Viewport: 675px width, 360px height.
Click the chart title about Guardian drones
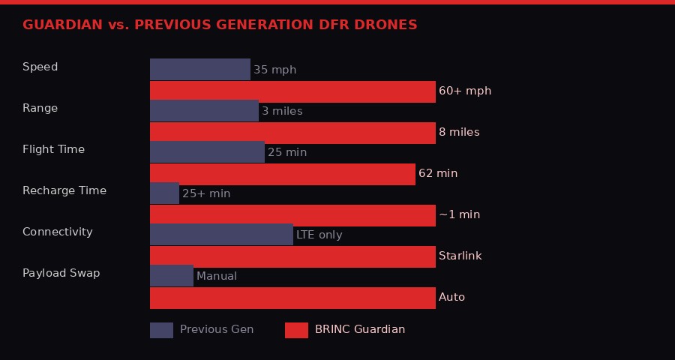[220, 25]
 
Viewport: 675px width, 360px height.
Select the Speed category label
[40, 67]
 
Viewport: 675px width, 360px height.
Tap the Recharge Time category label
[64, 190]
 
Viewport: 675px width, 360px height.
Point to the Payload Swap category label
[61, 273]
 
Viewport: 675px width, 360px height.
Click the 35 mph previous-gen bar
[200, 70]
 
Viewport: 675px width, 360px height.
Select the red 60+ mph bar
[292, 91]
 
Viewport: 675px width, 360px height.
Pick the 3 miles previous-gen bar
[204, 111]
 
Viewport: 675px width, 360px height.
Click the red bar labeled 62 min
[283, 174]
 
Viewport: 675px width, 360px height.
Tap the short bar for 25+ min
[164, 193]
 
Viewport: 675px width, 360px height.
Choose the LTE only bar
[221, 235]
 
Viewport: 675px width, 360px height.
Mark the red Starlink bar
[292, 256]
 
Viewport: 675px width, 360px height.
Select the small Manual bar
[172, 276]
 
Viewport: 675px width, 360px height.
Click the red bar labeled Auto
[292, 298]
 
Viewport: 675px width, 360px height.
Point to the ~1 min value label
[459, 214]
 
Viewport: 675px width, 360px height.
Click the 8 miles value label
[459, 132]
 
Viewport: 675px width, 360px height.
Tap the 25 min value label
[287, 152]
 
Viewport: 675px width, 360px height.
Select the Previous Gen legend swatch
[161, 330]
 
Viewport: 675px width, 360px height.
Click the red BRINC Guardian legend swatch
[296, 330]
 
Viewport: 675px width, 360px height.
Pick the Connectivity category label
[58, 232]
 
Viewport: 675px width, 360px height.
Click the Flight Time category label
[53, 149]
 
